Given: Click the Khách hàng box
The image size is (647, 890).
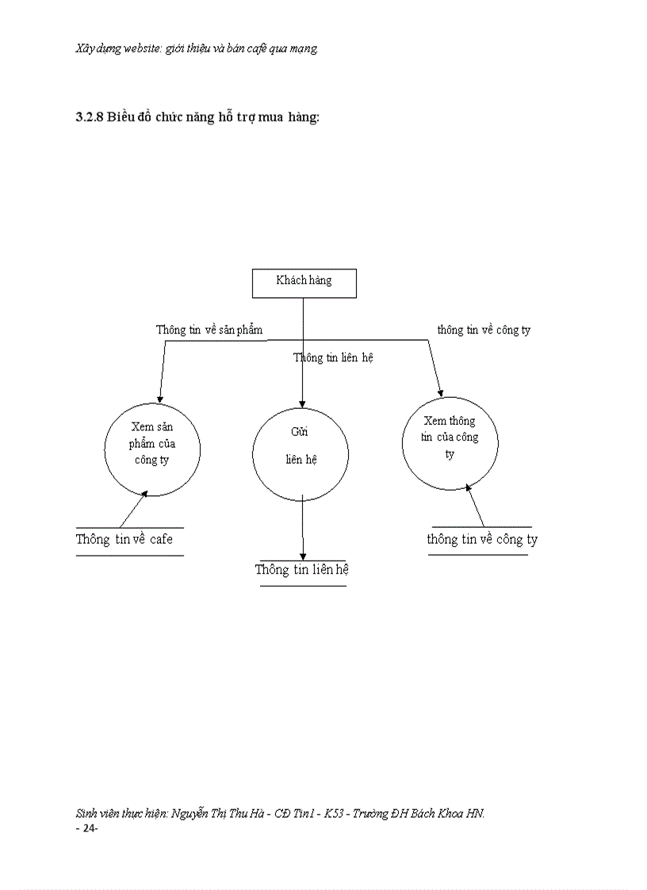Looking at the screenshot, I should point(304,283).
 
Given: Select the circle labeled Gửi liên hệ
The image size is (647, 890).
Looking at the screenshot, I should point(301,453).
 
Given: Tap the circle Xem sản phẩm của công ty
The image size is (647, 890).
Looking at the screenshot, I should point(152,449).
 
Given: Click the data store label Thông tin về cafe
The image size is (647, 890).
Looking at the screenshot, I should point(124,540).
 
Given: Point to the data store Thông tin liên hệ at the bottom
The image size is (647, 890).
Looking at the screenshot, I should point(302,570).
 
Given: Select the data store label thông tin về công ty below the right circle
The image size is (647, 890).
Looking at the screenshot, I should point(482,540).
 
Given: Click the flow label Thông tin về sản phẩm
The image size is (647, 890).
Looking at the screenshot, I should point(209,330).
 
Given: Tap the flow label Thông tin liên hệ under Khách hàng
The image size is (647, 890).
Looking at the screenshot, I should point(333,357).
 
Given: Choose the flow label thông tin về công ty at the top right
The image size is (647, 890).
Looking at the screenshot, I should point(484,330).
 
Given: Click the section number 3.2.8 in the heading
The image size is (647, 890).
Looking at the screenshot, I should point(90,117).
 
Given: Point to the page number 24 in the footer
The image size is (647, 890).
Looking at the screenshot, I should point(86,828).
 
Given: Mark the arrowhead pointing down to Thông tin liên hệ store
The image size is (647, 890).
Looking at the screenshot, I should point(303,556).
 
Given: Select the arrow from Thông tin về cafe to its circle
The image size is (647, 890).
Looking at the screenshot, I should point(134,509).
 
